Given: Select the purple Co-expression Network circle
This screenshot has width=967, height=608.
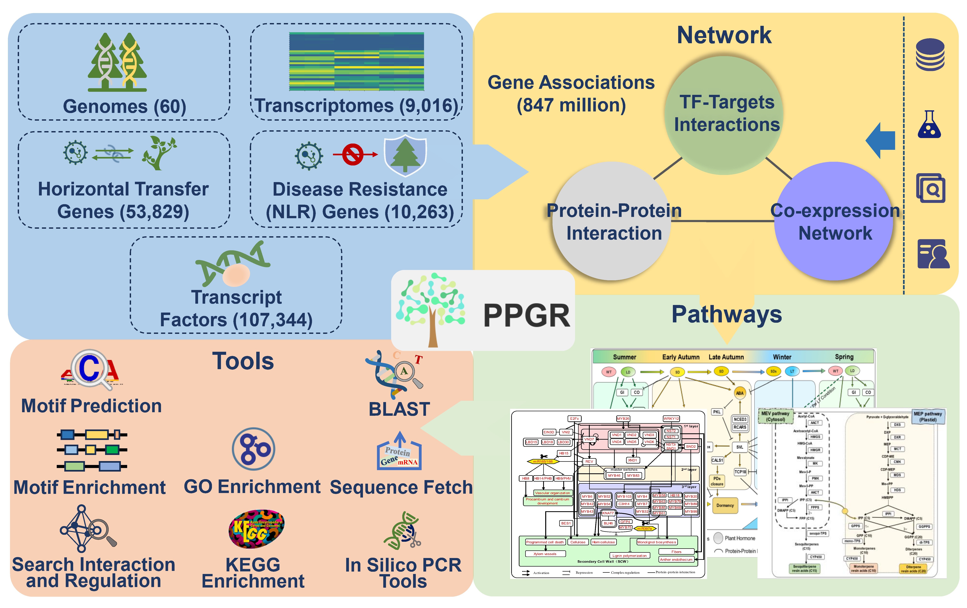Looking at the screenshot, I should pos(833,221).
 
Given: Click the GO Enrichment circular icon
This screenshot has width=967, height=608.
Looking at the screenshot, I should pos(253,449).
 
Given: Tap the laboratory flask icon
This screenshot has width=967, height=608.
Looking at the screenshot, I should pos(929,125).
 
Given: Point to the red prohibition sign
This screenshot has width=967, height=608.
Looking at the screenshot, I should pos(353,154).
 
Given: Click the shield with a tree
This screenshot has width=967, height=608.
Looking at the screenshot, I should pos(405,156).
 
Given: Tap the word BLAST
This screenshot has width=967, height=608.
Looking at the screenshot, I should pos(399,409).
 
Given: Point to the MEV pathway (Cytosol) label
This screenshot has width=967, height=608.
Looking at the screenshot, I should pos(775,416).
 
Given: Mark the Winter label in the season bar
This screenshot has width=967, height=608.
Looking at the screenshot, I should pos(782,357).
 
